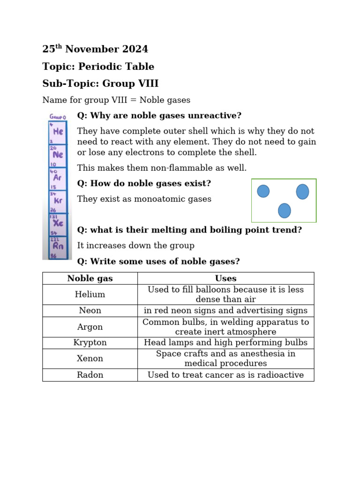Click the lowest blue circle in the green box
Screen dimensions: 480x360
pos(284,210)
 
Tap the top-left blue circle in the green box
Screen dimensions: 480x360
pos(263,191)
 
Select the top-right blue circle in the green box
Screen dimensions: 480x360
pos(302,191)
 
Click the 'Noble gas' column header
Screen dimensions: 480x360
pos(90,278)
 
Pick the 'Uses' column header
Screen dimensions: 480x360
pos(225,278)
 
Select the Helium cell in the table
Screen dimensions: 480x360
pos(90,294)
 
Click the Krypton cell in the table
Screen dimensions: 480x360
pos(90,343)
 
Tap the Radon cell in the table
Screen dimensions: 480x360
pos(90,375)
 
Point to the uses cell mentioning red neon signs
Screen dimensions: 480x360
pos(225,310)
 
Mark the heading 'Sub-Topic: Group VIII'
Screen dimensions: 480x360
pos(100,84)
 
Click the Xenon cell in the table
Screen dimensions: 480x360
pos(90,359)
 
